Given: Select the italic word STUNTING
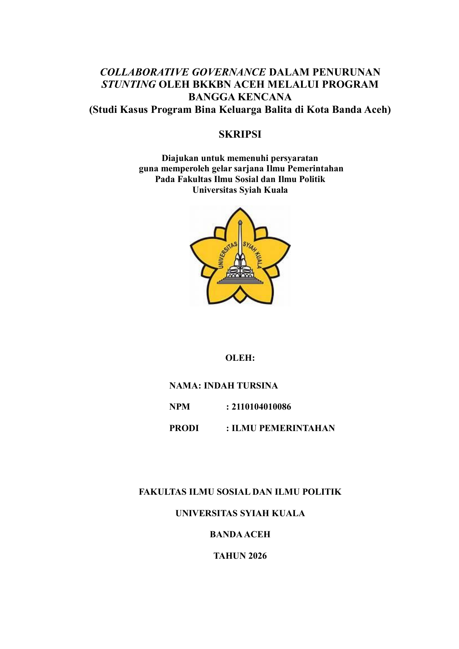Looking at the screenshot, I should click(x=128, y=84).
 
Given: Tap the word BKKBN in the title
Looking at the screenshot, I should click(x=211, y=84).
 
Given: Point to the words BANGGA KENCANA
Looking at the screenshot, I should click(x=240, y=97).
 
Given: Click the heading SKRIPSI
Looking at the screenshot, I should click(x=240, y=135).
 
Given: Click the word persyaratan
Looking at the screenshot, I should click(x=294, y=158).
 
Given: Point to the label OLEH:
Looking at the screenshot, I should click(x=240, y=358).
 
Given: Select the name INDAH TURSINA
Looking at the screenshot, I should click(x=241, y=386).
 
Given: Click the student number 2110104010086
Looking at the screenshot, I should click(x=261, y=407).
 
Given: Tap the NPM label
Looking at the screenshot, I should click(x=179, y=407).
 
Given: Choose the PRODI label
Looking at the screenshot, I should click(x=184, y=428).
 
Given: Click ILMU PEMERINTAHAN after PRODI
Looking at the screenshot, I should click(x=283, y=428).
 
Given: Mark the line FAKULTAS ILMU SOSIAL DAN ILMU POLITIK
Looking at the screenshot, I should click(x=240, y=492).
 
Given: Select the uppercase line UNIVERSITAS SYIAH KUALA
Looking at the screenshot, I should click(x=240, y=514).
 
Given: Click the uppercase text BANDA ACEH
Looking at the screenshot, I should click(x=240, y=535).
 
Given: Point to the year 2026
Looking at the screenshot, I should click(x=257, y=556).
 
